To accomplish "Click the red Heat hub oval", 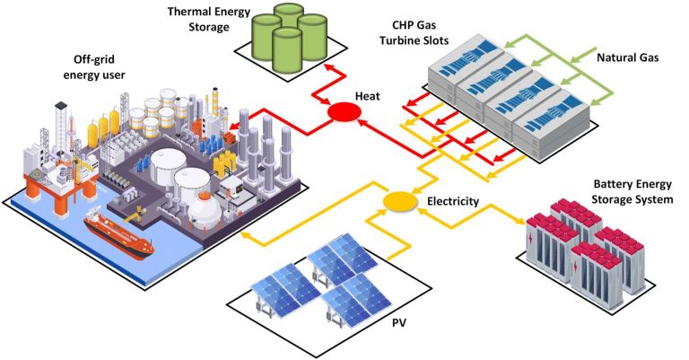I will click(x=342, y=111).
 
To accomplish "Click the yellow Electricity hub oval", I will click(x=397, y=202).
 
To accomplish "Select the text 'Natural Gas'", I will click(x=627, y=57).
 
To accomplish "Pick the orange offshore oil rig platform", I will click(x=44, y=179).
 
